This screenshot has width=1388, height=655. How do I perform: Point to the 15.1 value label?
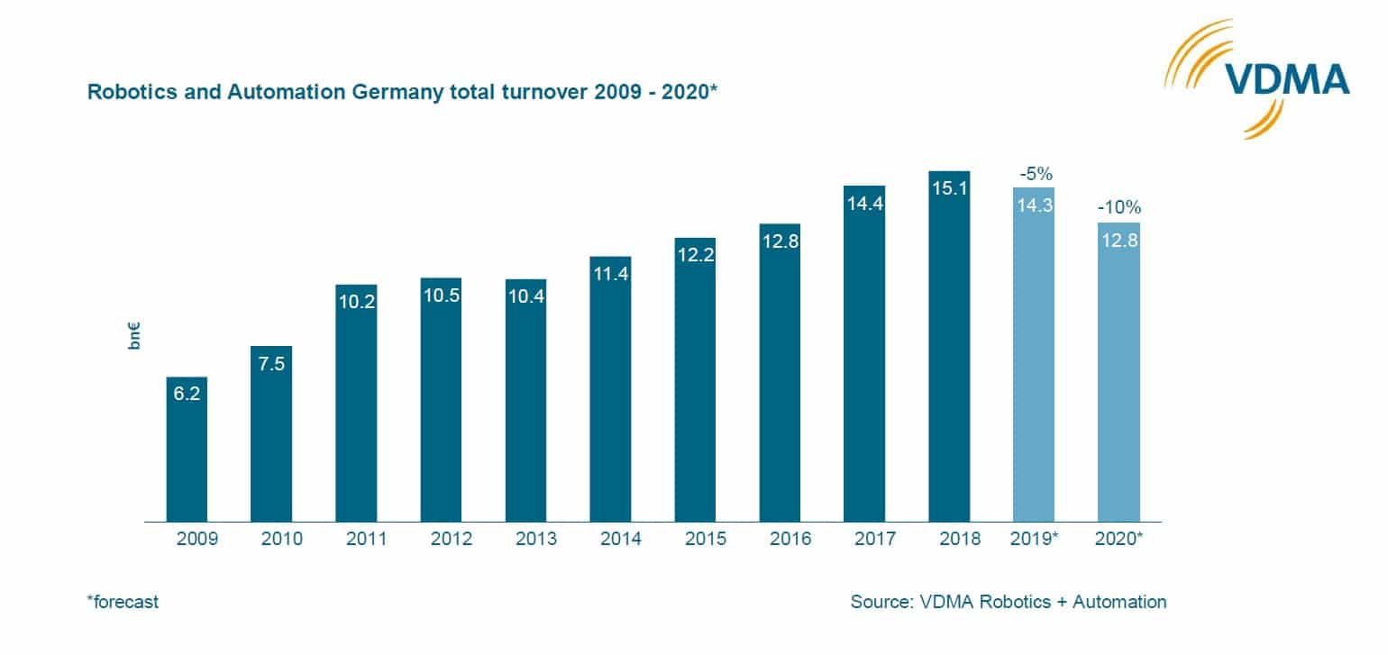click(948, 192)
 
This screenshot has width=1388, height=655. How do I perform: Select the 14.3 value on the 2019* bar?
click(1033, 205)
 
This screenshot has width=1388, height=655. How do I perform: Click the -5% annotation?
click(1033, 174)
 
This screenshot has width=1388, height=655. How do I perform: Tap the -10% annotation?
click(1118, 208)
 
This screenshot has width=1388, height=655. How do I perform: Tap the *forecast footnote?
click(123, 602)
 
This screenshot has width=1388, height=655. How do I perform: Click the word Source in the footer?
click(880, 602)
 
